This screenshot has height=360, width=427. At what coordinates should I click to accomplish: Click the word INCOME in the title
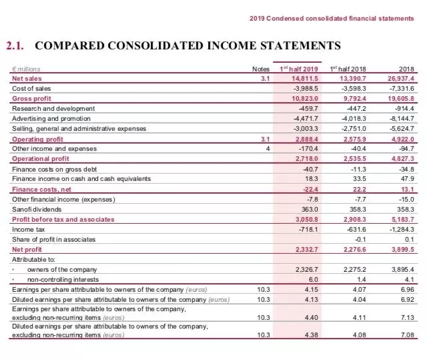[201, 46]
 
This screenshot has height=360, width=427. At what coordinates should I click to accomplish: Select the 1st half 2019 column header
[298, 69]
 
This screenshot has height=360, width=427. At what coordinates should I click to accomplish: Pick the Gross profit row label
[31, 98]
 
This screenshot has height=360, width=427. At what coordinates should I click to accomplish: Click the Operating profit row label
[37, 138]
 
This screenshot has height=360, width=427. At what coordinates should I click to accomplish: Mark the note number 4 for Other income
[267, 148]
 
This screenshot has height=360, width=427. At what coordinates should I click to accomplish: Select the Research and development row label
[53, 108]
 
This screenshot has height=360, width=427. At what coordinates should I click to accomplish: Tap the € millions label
[26, 69]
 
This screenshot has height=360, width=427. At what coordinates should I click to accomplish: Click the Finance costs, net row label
[39, 189]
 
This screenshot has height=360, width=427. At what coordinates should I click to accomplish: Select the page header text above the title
[332, 18]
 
